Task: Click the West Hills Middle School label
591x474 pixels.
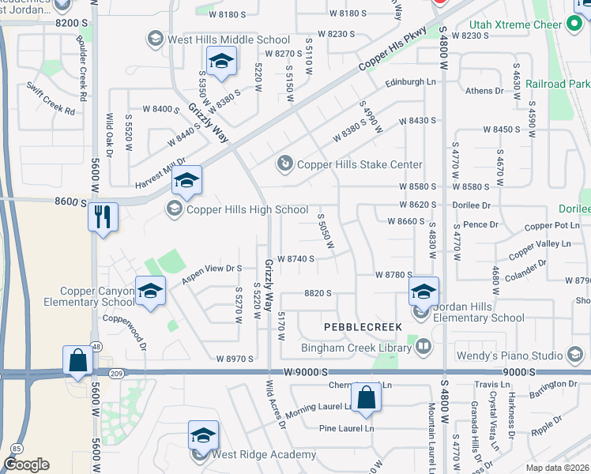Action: coord(228,39)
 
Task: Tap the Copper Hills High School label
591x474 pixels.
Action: coord(246,209)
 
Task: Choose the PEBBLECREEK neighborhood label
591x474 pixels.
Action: coord(362,326)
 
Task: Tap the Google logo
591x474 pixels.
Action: coord(26,465)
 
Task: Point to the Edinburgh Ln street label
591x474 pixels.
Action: coord(410,82)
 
